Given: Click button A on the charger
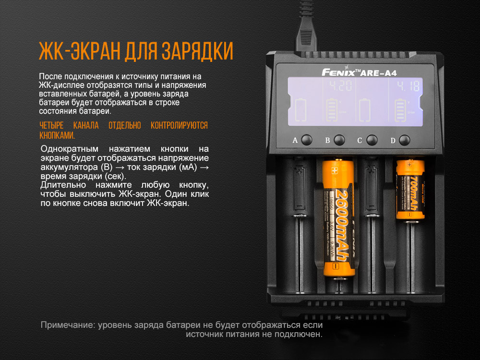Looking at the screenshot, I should [307, 140].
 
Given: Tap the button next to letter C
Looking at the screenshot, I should [372, 140].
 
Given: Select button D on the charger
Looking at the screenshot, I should [405, 140].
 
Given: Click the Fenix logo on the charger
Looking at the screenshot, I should [338, 72].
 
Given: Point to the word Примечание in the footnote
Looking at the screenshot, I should [67, 325].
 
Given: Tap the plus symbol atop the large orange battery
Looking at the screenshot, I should [335, 169].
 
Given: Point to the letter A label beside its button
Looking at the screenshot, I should [295, 141].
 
